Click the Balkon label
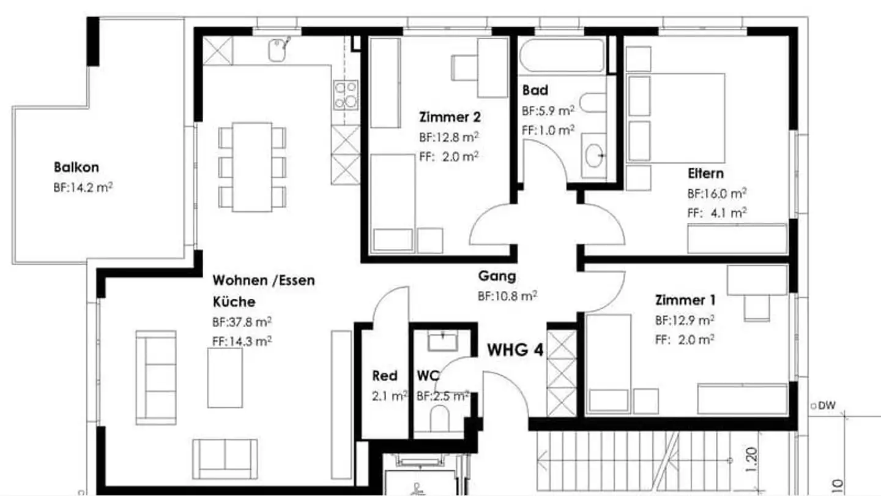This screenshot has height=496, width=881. [76, 167]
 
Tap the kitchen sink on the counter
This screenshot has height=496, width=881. [280, 48]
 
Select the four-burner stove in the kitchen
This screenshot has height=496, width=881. [346, 95]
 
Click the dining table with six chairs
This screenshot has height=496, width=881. [253, 167]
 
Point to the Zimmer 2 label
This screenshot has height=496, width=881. [450, 116]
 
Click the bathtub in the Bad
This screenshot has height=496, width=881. [562, 56]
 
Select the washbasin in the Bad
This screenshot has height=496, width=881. [594, 156]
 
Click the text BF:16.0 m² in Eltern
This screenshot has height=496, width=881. [716, 194]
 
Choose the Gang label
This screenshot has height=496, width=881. [497, 276]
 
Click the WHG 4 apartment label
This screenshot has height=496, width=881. [515, 350]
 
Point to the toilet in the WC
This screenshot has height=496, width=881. [439, 419]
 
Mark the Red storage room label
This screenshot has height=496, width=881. [384, 375]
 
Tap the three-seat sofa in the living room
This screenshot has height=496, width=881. [155, 377]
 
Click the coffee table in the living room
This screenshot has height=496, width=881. [225, 377]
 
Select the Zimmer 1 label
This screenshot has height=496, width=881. [685, 300]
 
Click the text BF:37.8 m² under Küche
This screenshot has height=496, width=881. [242, 321]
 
